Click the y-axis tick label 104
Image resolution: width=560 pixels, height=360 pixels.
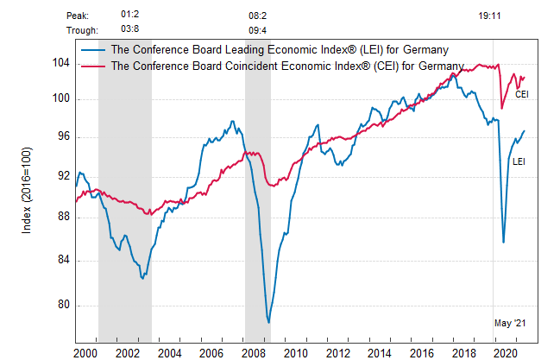(x=60, y=63)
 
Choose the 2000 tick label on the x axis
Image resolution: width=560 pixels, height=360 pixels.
(x=85, y=353)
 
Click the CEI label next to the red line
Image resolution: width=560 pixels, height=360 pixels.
(x=521, y=94)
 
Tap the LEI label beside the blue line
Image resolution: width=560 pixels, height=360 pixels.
(x=519, y=161)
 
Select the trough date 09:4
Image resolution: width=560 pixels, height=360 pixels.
(x=258, y=30)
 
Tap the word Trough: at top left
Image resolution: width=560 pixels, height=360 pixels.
(x=82, y=30)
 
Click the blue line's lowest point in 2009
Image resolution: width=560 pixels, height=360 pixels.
(x=269, y=323)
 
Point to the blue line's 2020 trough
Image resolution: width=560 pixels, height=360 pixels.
(x=504, y=243)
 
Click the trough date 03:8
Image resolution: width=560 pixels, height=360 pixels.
(x=131, y=30)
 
